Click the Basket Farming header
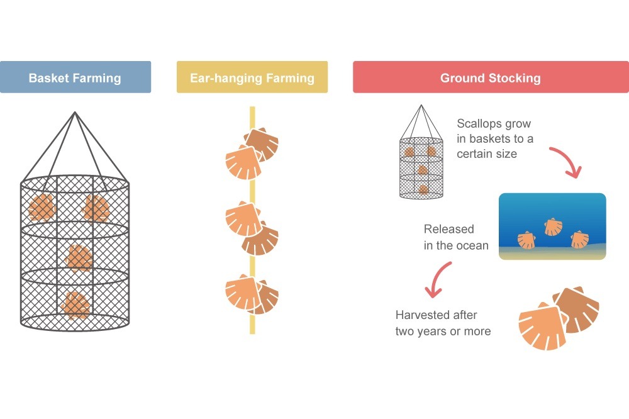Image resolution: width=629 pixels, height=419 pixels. pos(75,77)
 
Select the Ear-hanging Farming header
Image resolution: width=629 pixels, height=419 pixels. pos(252,77)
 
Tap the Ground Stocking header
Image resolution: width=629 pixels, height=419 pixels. pos(491,77)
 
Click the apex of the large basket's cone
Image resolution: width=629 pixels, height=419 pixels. pos(75,113)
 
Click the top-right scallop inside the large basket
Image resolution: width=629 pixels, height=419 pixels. pos(96,208)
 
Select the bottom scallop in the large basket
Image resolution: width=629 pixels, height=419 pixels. pos(75,304)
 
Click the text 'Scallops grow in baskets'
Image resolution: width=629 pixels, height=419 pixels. pos(495,138)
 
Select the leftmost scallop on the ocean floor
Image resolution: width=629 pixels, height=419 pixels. pos(526,240)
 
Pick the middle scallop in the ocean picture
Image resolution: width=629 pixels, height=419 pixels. pos(553,226)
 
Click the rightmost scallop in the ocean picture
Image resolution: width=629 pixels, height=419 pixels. pos(579,239)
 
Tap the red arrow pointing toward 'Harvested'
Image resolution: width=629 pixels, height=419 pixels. pos(437,279)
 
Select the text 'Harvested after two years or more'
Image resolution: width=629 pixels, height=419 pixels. pos(443,323)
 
